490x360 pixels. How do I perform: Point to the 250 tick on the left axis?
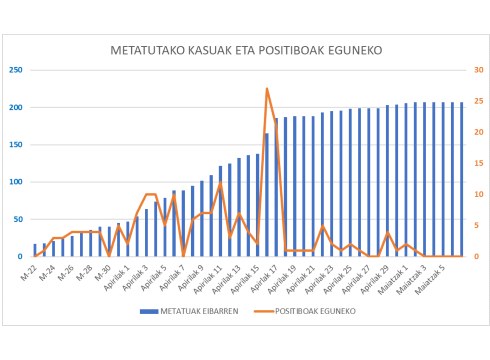[x=18, y=70]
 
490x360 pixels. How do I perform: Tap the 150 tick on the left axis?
[x=18, y=145]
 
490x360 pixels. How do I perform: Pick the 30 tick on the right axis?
[x=478, y=70]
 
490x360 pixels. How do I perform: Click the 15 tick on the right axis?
[x=478, y=163]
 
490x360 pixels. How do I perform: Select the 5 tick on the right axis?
[x=476, y=226]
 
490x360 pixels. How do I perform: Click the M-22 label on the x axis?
[x=28, y=270]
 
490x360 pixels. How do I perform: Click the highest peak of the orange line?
[x=267, y=89]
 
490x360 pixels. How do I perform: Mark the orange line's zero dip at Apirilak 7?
[x=184, y=256]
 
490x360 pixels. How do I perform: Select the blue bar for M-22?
[x=35, y=250]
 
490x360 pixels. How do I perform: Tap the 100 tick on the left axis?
[x=18, y=182]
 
